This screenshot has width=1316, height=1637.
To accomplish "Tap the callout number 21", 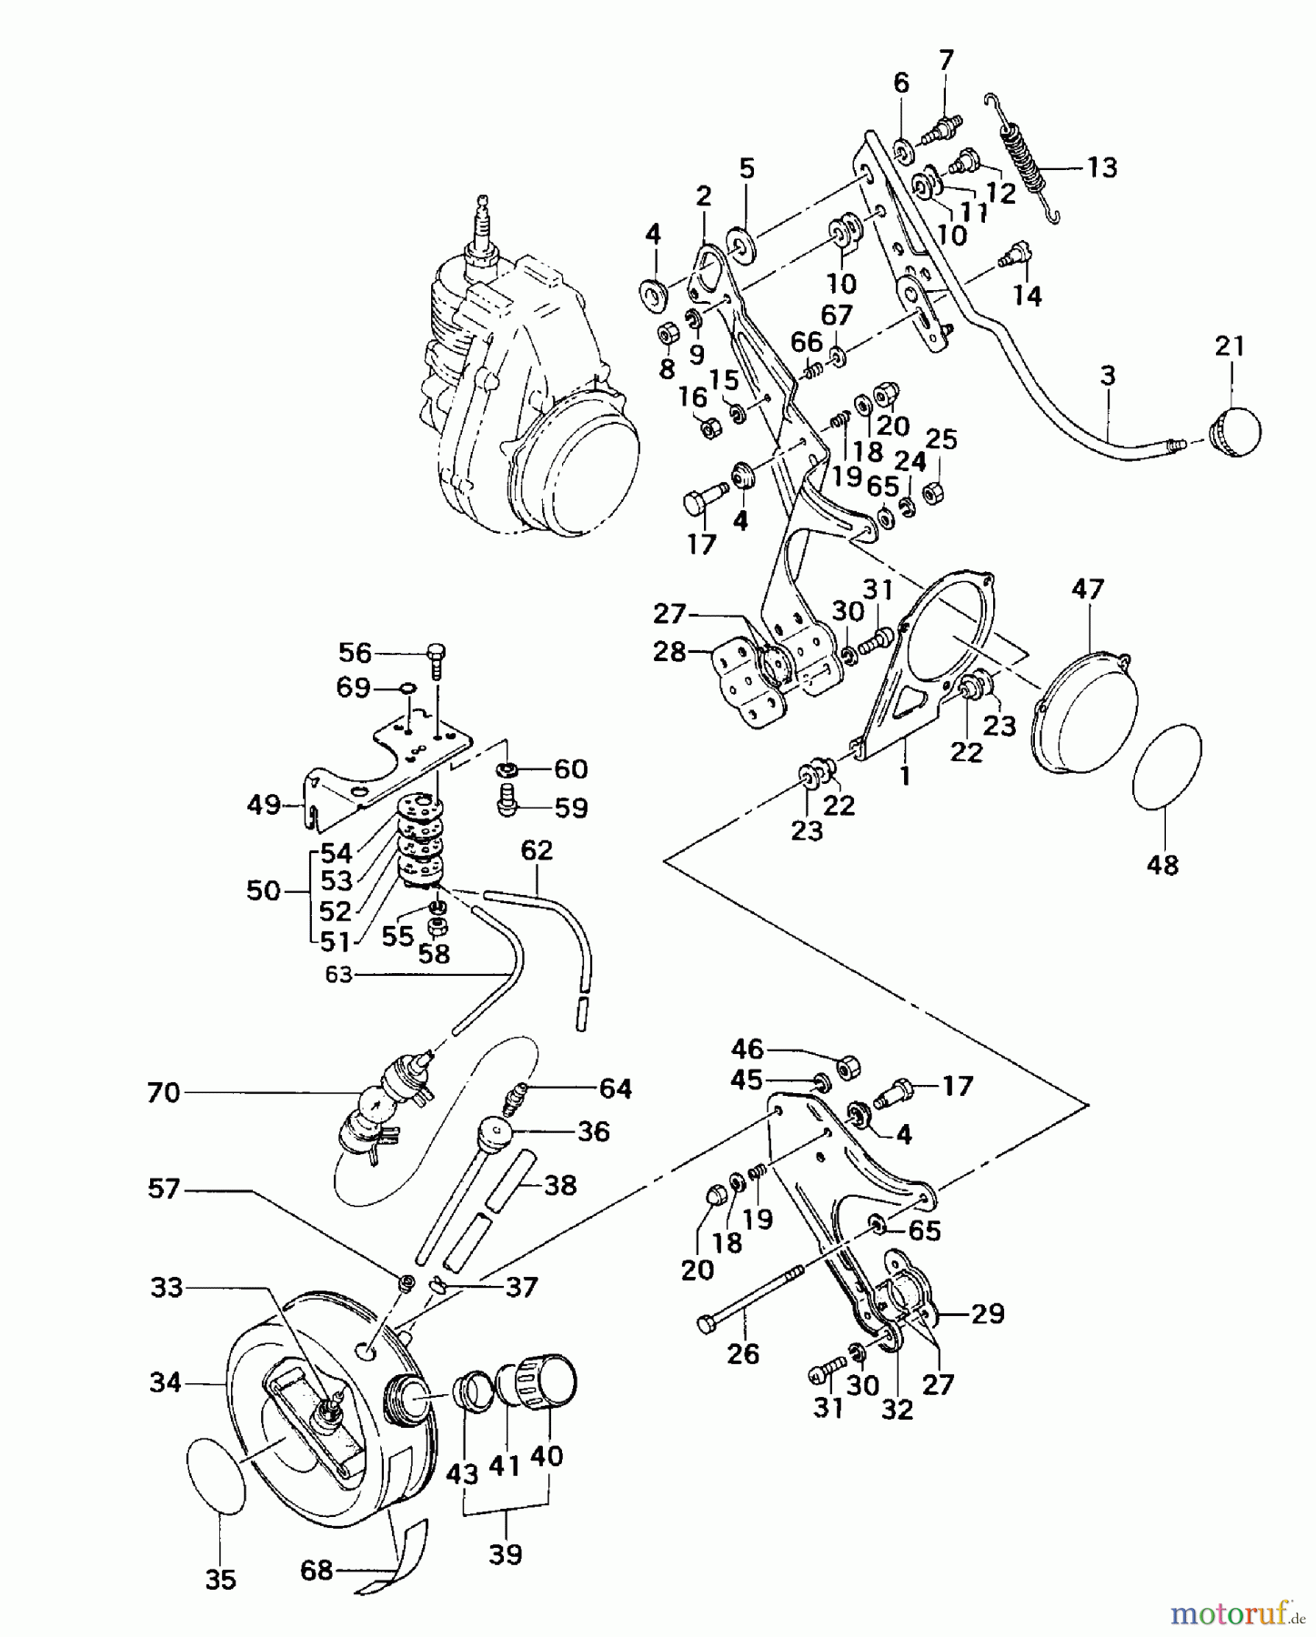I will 1230,346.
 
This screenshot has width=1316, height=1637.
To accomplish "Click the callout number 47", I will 1088,588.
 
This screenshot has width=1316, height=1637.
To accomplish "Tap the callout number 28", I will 669,651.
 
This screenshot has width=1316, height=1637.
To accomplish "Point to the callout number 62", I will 537,850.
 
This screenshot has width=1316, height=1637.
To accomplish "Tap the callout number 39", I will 506,1554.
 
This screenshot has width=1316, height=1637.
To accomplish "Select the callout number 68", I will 316,1571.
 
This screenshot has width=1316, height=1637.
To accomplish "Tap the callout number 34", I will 166,1383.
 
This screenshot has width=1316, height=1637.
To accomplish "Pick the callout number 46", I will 748,1049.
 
